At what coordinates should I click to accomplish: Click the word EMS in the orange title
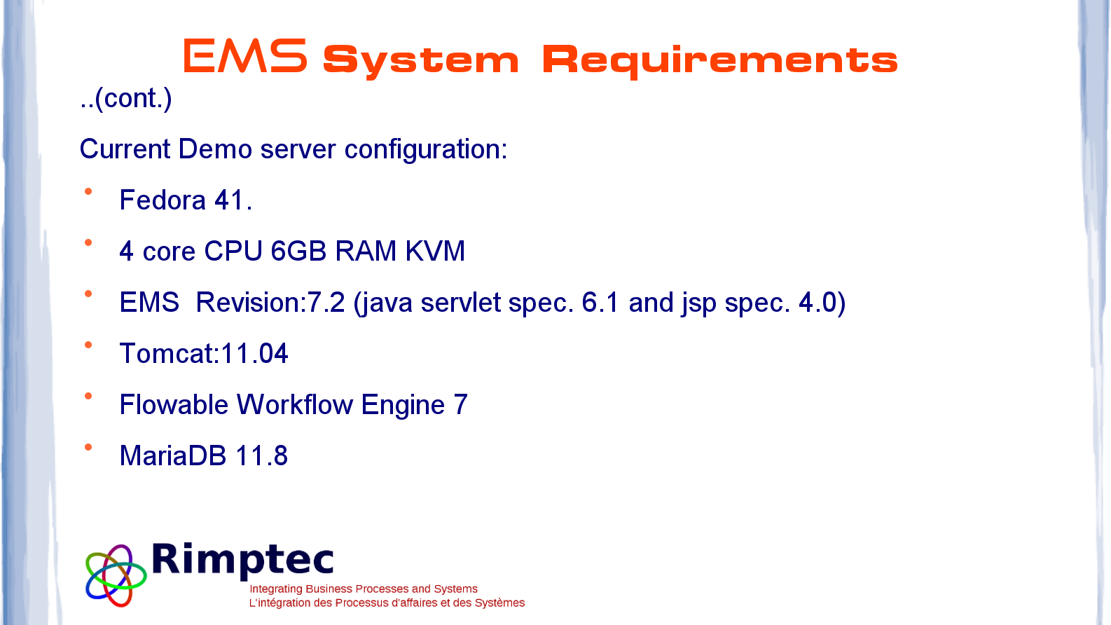pos(245,56)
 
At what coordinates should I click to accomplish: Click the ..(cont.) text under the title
pos(126,98)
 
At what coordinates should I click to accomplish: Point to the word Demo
pos(215,149)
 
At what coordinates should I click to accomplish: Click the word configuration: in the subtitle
pos(426,150)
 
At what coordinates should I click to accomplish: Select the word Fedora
pos(163,200)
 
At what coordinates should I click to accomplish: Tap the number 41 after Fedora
pos(228,200)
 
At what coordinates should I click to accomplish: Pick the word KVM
pos(435,251)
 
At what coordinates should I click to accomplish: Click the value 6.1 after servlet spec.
pos(600,303)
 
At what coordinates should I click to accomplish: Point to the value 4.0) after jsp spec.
pos(822,303)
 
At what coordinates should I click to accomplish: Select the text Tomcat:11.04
pos(204,354)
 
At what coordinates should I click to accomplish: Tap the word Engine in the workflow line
pos(403,406)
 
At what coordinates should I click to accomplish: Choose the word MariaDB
pos(172,455)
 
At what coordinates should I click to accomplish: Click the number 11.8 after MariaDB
pos(261,456)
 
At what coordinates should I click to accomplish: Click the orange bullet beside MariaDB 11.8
pos(88,448)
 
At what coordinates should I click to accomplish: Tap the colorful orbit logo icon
pos(116,576)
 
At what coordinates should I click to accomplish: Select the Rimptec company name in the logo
pos(242,561)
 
